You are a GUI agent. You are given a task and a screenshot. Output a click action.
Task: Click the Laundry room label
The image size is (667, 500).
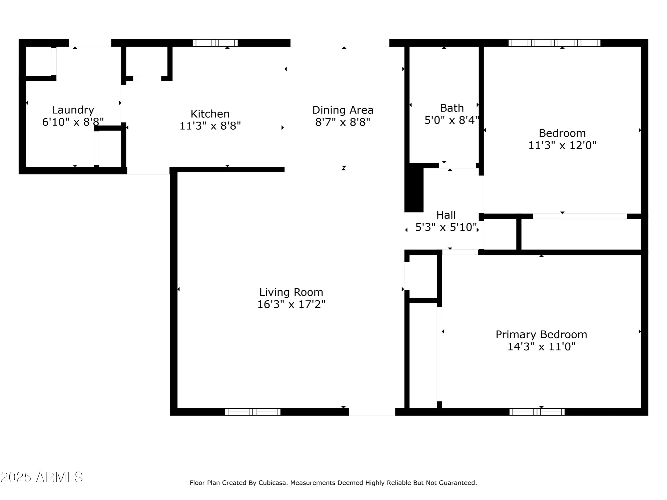[73, 110]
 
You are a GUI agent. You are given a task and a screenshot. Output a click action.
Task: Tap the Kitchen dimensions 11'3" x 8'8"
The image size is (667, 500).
[210, 126]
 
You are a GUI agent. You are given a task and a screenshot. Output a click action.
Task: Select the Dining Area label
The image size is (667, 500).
[343, 110]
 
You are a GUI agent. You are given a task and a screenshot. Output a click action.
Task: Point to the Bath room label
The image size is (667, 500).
[452, 108]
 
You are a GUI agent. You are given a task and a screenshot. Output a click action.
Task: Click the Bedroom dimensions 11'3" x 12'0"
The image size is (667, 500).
[562, 145]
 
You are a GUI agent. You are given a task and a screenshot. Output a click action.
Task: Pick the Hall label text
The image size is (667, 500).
[446, 215]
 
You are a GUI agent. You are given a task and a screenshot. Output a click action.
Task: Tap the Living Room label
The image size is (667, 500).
[291, 292]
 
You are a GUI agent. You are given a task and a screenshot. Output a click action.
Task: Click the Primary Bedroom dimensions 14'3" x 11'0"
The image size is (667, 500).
[541, 347]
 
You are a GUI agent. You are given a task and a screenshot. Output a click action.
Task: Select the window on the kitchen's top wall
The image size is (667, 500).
[215, 43]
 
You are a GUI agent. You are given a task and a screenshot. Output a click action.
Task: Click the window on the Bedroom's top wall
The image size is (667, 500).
[554, 43]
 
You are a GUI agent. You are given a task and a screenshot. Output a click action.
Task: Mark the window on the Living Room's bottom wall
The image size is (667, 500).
[252, 412]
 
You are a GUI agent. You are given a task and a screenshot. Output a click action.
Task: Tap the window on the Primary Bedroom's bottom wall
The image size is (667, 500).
[537, 412]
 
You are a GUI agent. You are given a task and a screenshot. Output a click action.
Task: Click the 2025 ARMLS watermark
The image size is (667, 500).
[42, 477]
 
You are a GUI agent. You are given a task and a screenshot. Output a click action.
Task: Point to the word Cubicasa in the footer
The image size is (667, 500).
[271, 483]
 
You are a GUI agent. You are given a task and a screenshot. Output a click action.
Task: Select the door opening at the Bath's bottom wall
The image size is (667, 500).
[458, 166]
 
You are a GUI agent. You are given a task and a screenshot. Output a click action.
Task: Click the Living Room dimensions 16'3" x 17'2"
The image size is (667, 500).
[291, 304]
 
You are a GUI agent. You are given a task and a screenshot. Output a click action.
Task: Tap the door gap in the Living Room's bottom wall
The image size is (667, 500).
[372, 412]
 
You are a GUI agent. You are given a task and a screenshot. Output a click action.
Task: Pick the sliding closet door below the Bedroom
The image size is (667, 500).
[580, 216]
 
